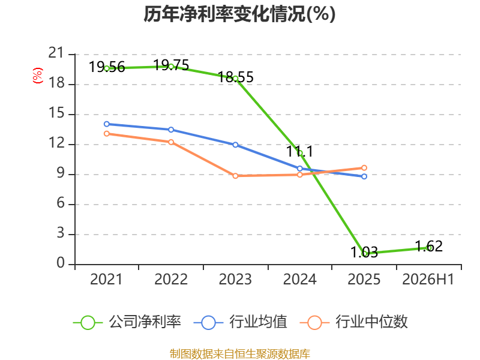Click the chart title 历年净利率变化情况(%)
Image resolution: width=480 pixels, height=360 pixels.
pyautogui.click(x=239, y=14)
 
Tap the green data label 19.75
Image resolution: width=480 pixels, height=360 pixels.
pyautogui.click(x=171, y=65)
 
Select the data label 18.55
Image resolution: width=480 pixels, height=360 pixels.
pyautogui.click(x=236, y=77)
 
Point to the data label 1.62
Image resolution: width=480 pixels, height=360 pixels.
pyautogui.click(x=429, y=247)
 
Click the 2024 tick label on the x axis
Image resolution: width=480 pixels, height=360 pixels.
pyautogui.click(x=299, y=279)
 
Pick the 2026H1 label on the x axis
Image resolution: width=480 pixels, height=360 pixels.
pyautogui.click(x=428, y=279)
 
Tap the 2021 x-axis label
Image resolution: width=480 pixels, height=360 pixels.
pyautogui.click(x=106, y=279)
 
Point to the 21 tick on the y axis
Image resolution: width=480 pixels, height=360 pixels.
pyautogui.click(x=56, y=53)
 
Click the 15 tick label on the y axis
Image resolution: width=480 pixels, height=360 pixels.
pyautogui.click(x=56, y=113)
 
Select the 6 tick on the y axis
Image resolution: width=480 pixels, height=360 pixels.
pyautogui.click(x=61, y=203)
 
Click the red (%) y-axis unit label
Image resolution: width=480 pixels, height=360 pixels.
pyautogui.click(x=38, y=76)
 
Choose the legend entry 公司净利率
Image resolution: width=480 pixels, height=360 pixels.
pyautogui.click(x=127, y=322)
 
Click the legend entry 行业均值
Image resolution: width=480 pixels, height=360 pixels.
pyautogui.click(x=241, y=322)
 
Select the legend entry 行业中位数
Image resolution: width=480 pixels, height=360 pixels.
pyautogui.click(x=354, y=322)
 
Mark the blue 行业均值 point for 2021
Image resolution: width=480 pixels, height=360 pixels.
pyautogui.click(x=107, y=124)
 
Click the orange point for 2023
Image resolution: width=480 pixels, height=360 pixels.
pyautogui.click(x=235, y=176)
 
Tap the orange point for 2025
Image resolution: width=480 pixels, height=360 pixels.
pyautogui.click(x=364, y=168)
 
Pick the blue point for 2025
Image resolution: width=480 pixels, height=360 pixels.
pyautogui.click(x=364, y=176)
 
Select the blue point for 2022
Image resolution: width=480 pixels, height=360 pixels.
pyautogui.click(x=171, y=130)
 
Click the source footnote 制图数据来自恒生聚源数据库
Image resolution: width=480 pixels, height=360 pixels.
pyautogui.click(x=240, y=354)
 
